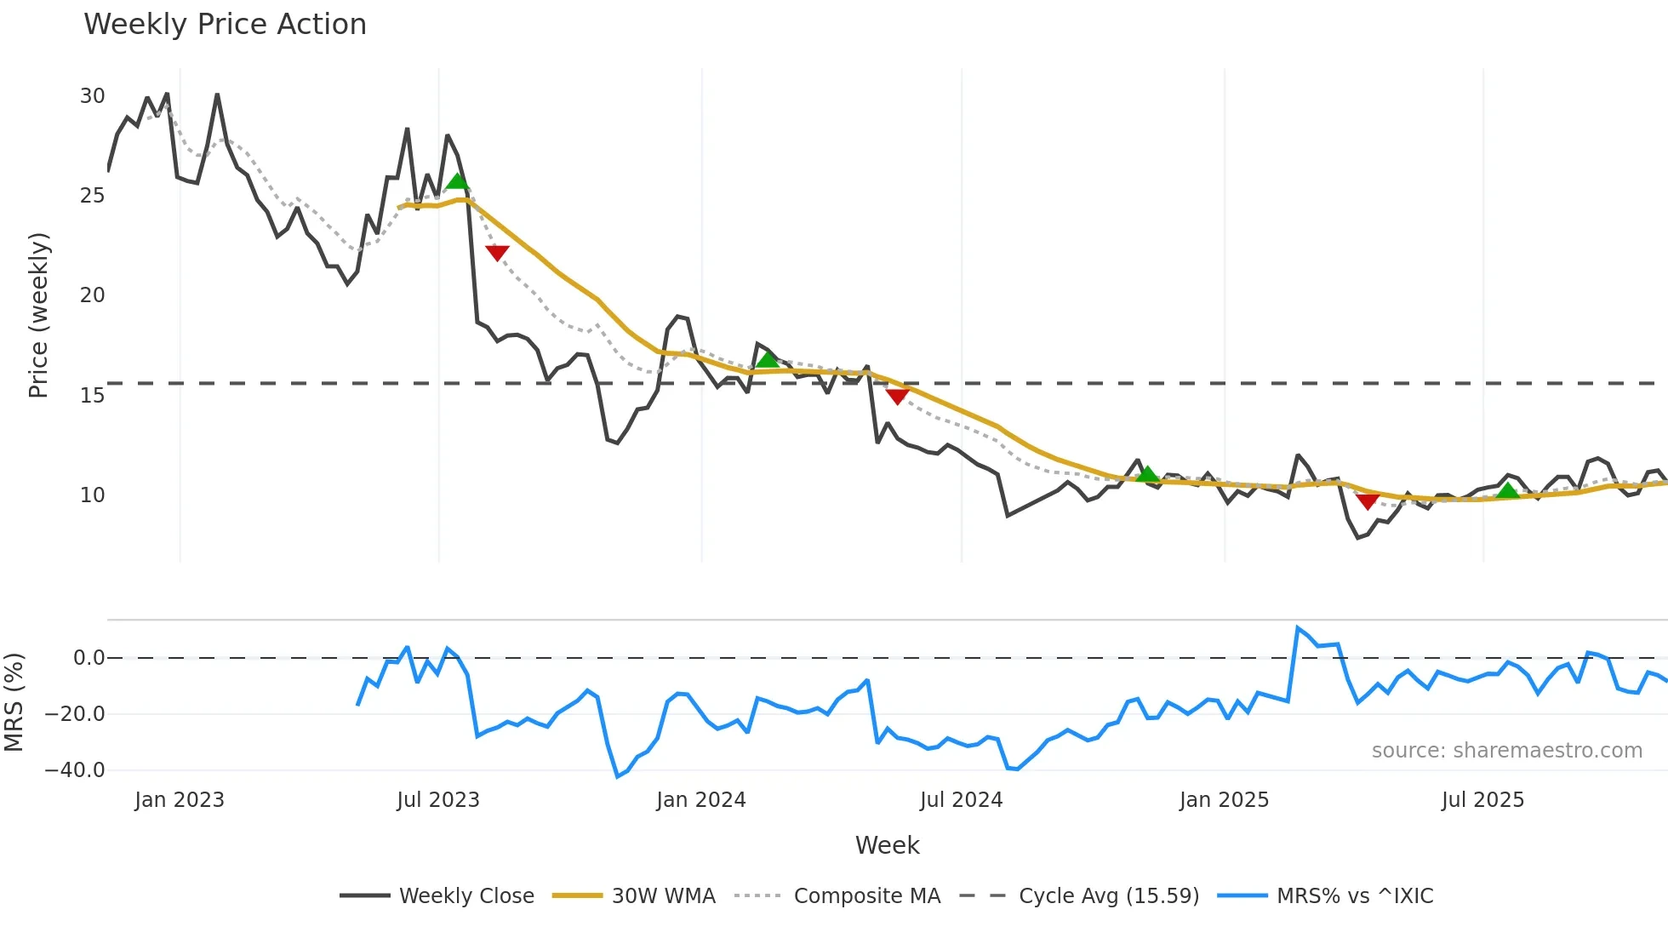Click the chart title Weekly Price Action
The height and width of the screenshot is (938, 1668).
pyautogui.click(x=225, y=25)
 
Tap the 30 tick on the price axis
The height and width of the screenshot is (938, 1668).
pyautogui.click(x=93, y=96)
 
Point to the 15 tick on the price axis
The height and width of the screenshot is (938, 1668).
pyautogui.click(x=93, y=396)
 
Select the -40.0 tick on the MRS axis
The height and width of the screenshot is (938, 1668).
pyautogui.click(x=75, y=770)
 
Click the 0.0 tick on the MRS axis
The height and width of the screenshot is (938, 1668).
pyautogui.click(x=89, y=658)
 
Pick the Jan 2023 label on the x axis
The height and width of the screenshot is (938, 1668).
pyautogui.click(x=180, y=800)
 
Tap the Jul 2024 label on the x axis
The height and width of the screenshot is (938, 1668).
pyautogui.click(x=961, y=800)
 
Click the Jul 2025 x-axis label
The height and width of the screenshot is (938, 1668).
pyautogui.click(x=1482, y=800)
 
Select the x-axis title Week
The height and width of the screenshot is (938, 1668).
pyautogui.click(x=887, y=845)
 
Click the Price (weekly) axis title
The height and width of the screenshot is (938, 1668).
pyautogui.click(x=39, y=315)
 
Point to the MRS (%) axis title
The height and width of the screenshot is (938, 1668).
pyautogui.click(x=14, y=702)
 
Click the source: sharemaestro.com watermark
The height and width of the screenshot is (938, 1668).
pyautogui.click(x=1506, y=751)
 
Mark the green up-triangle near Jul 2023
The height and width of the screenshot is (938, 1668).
pyautogui.click(x=458, y=181)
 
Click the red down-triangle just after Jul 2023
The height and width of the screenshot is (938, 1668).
pyautogui.click(x=497, y=252)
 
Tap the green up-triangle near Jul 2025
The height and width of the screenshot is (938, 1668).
pyautogui.click(x=1508, y=490)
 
